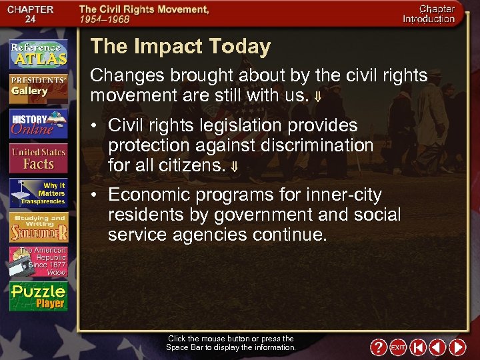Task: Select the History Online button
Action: coord(38,124)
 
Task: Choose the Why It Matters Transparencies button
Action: coord(38,193)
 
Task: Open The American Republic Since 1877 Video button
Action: coord(38,262)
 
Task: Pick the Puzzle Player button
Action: coord(38,297)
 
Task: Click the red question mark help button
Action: coord(377,347)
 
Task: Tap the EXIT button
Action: coord(398,347)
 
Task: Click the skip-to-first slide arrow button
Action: coord(418,347)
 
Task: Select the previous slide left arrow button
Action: coord(437,347)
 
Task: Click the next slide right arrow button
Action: coord(457,347)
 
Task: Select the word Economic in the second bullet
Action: coord(147,195)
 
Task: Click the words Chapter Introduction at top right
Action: coord(429,14)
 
